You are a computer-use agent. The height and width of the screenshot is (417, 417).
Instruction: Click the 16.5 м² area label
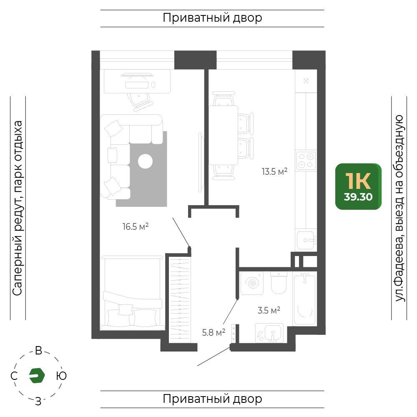click(136, 226)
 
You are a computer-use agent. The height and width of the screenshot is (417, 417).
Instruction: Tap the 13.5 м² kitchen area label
click(274, 171)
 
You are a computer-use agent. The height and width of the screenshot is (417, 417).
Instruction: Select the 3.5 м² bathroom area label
click(269, 310)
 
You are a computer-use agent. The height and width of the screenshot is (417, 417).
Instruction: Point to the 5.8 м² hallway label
click(214, 332)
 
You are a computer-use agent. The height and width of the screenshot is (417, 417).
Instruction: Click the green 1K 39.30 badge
click(358, 186)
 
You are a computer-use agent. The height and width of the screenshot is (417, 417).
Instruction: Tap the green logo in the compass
click(37, 376)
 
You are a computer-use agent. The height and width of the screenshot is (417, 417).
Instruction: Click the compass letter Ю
click(61, 376)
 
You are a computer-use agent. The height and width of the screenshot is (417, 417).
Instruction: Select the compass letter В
click(38, 351)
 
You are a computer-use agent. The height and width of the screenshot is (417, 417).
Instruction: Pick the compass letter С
click(14, 376)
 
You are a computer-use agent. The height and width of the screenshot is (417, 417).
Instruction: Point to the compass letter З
click(38, 401)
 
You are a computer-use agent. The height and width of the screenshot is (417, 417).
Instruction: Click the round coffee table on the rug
click(145, 161)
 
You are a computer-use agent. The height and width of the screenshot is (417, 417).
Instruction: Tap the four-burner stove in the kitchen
click(306, 161)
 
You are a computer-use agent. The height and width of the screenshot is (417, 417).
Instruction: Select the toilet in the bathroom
click(279, 282)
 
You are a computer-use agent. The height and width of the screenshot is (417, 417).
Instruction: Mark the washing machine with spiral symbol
click(252, 283)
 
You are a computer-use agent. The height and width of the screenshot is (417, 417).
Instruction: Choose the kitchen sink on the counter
click(306, 240)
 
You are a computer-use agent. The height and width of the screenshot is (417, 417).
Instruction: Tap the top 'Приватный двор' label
click(212, 18)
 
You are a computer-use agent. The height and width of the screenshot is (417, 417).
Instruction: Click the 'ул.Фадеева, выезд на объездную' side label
click(399, 208)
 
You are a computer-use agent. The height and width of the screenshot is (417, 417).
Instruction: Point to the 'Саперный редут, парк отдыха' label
click(17, 208)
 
